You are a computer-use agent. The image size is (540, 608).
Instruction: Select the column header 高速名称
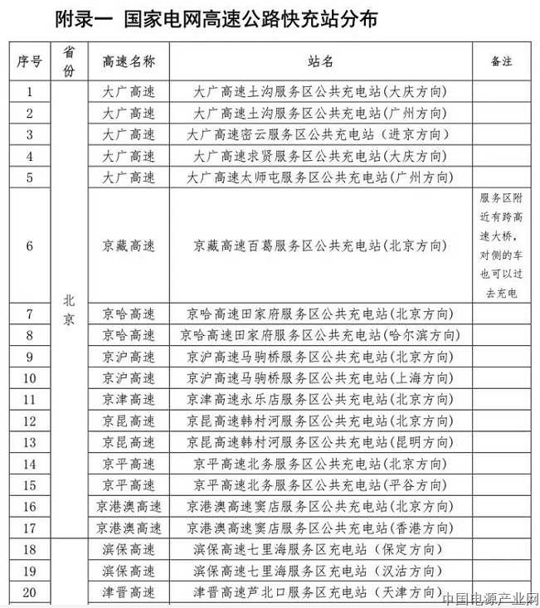129,61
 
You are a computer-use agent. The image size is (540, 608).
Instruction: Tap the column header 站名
320,61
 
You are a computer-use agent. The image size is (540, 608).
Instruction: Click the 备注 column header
501,61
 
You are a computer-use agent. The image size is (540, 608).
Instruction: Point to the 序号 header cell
30,61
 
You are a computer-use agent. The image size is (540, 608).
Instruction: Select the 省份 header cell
69,61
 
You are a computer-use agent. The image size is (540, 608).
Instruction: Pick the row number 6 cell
30,246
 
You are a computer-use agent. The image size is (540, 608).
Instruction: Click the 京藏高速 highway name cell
129,246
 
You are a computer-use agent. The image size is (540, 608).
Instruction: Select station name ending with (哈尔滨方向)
320,335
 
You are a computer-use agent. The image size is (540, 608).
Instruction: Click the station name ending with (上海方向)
320,378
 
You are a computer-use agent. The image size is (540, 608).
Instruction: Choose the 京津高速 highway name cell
129,400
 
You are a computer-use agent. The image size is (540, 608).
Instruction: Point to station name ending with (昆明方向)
320,443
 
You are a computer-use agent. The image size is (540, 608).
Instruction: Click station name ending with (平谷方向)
320,485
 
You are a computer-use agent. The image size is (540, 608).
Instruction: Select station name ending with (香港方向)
320,528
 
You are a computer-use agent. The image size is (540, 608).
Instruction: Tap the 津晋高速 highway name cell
129,592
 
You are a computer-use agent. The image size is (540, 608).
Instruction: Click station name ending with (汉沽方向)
320,571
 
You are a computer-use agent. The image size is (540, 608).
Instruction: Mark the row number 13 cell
30,443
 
